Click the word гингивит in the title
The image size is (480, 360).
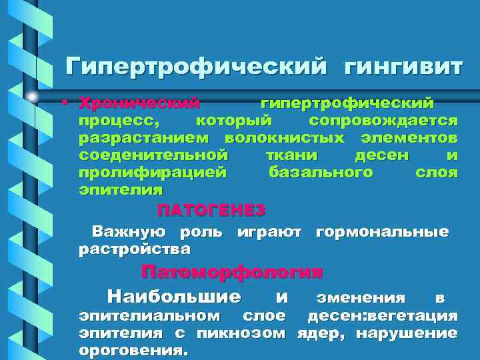[403, 68]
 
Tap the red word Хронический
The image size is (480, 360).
[139, 103]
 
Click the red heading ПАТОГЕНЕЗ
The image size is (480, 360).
[211, 211]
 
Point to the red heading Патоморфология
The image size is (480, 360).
[232, 273]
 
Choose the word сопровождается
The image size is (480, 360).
[383, 121]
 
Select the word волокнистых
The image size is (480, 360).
[285, 139]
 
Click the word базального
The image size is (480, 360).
[320, 173]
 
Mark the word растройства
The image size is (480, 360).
[135, 250]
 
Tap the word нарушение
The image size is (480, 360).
[407, 332]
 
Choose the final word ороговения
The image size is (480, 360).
[133, 349]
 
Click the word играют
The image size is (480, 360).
[269, 233]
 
